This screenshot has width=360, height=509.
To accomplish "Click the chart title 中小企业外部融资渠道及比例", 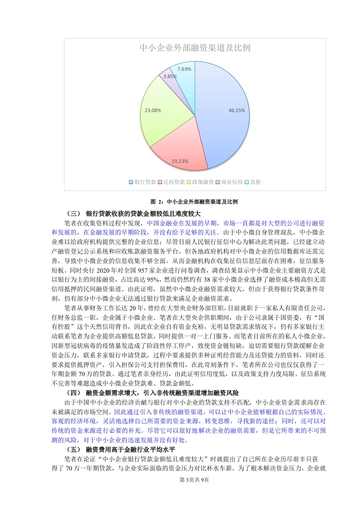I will point(195,48).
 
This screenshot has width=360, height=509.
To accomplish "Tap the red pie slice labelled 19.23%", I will point(177,152).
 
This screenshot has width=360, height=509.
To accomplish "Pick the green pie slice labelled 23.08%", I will point(159,113).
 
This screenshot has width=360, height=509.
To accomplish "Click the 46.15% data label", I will point(237,110).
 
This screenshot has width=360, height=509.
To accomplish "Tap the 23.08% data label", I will point(153,110).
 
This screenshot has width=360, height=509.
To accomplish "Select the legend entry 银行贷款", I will point(142,182).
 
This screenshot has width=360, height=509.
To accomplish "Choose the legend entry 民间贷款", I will point(171,182).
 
